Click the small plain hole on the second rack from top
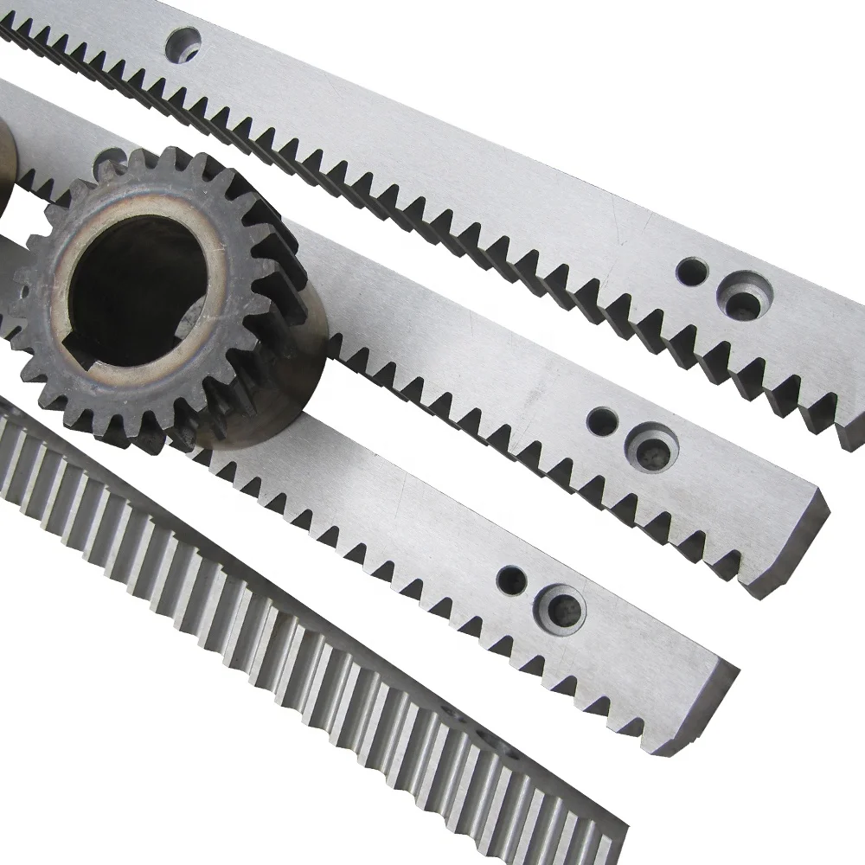click(x=601, y=422)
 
